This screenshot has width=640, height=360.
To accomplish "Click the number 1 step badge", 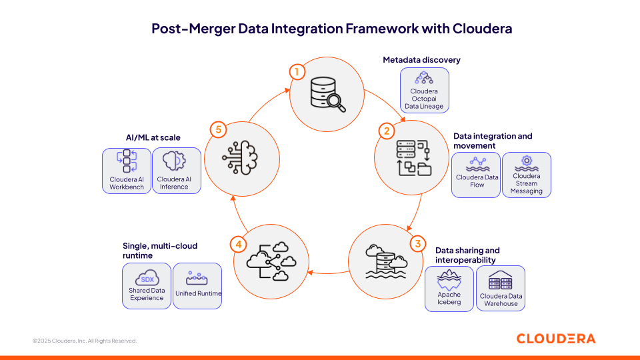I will point(297,71).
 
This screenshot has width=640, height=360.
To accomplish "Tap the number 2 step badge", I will point(386,131).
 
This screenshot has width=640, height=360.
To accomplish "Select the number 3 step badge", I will point(418,243).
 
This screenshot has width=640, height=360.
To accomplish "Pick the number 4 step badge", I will point(239,244).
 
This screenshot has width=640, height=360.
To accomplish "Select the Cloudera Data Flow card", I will point(475,175).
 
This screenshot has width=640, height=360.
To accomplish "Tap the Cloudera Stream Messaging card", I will point(527,175).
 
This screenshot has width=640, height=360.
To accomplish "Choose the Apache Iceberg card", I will point(449,289).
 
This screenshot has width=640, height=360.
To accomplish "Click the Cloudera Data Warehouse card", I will point(501,289).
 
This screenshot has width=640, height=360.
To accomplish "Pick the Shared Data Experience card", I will point(146,285).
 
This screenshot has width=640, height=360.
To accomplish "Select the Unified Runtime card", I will point(197,285).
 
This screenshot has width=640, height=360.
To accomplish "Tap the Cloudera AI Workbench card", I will point(127,171).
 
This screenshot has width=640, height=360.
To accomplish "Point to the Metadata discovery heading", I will point(421,60).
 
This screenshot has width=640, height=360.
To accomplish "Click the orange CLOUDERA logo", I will point(556,339).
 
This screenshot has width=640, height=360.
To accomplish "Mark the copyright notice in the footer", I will point(85,341).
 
